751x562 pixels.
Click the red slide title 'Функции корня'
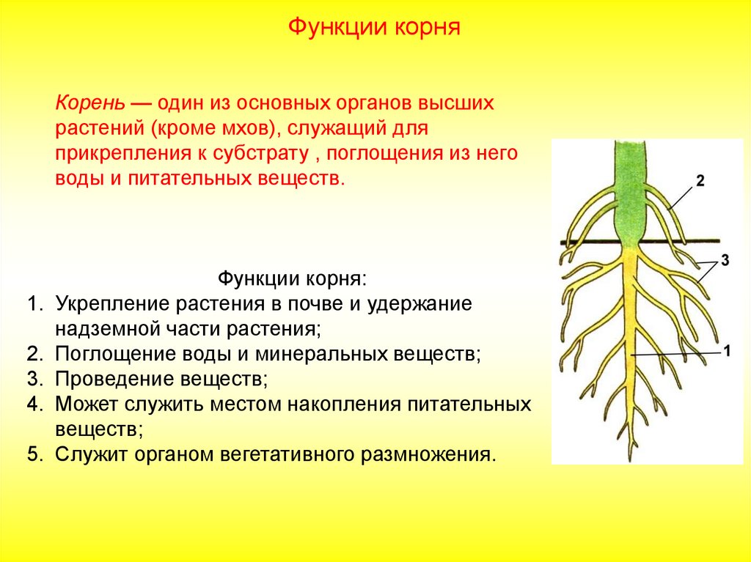(374, 27)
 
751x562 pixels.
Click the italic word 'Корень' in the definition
(90, 103)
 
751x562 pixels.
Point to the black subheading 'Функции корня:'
(292, 278)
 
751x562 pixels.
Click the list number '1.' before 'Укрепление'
(35, 303)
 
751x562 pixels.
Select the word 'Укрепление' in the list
(112, 304)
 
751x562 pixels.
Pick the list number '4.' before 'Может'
(35, 404)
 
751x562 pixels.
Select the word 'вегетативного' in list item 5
(287, 455)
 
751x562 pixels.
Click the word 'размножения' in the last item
(428, 455)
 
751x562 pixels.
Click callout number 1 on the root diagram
(728, 352)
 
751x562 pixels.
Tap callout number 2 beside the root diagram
(700, 181)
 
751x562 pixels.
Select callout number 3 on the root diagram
(725, 260)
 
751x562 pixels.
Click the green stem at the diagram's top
(629, 191)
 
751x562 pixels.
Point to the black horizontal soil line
(640, 242)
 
